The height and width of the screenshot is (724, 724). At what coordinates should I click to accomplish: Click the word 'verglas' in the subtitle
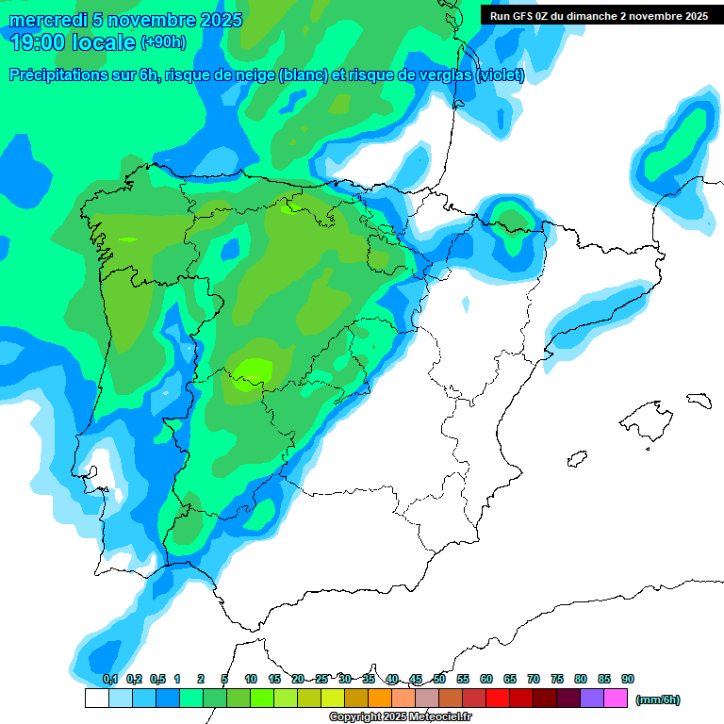click(x=446, y=75)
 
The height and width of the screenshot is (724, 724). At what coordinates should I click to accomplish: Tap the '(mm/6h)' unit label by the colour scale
click(x=658, y=699)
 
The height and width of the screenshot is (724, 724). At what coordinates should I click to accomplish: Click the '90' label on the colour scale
click(x=627, y=679)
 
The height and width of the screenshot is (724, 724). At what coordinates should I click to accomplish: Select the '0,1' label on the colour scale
click(x=109, y=679)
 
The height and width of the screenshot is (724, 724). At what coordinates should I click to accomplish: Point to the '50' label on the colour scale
click(x=439, y=679)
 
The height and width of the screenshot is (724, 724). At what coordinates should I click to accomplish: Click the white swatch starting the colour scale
click(x=96, y=699)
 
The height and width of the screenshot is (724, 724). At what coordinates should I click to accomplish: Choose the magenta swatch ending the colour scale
click(x=615, y=699)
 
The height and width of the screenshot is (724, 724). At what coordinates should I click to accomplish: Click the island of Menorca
click(x=698, y=400)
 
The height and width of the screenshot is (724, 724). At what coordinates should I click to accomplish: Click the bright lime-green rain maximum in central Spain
click(x=255, y=370)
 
